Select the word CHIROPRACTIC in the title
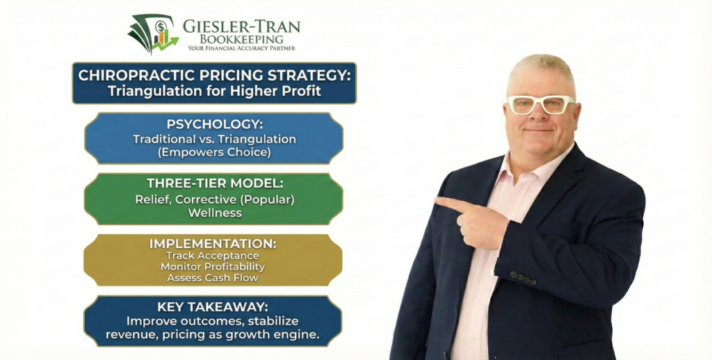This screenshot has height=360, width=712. pyautogui.click(x=136, y=75)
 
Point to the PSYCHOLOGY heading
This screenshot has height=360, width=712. pyautogui.click(x=213, y=124)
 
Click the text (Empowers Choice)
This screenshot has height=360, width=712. pyautogui.click(x=214, y=152)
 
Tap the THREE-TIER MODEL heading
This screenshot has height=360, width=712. pyautogui.click(x=213, y=183)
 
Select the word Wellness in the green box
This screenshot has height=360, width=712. pyautogui.click(x=214, y=213)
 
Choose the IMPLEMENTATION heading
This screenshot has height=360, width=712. pyautogui.click(x=213, y=244)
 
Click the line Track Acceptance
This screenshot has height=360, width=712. pyautogui.click(x=213, y=256)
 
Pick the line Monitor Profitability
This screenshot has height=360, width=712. pyautogui.click(x=213, y=266)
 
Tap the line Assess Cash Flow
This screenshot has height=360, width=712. pyautogui.click(x=213, y=277)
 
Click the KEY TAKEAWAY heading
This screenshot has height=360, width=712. pyautogui.click(x=213, y=307)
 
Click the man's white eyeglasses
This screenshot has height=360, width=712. pyautogui.click(x=540, y=105)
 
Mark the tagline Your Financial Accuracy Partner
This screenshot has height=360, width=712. pyautogui.click(x=241, y=49)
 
